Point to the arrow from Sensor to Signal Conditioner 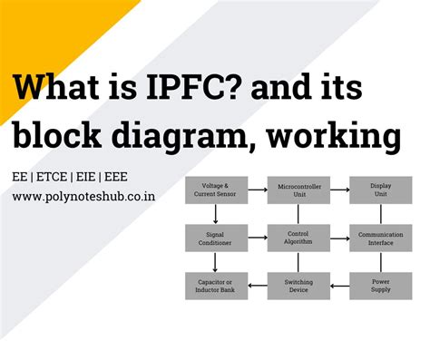pos(215,215)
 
